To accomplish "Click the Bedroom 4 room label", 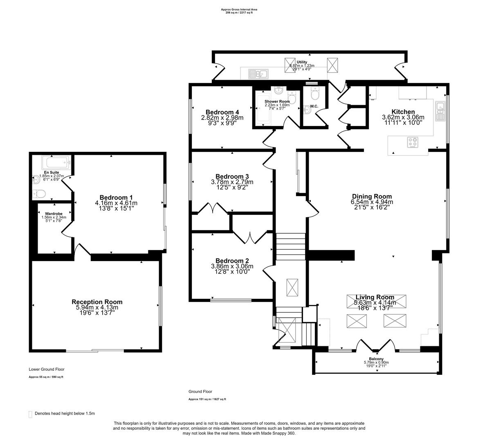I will tap(222, 112).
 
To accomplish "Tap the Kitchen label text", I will tap(403, 112).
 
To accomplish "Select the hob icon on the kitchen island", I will tap(413, 143).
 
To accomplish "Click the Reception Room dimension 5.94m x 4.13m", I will tap(97, 307).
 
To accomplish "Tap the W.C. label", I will tap(314, 107).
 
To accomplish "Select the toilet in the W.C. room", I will tap(314, 94).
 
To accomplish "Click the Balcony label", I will tap(376, 359).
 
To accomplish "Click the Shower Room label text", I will tap(277, 101).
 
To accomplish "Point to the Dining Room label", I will tap(372, 196).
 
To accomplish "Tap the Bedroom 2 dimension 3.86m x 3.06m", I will tap(232, 266).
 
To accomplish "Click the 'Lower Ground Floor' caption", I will tap(46, 369).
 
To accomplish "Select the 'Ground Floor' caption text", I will tap(200, 392).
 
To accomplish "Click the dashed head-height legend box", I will tap(31, 414).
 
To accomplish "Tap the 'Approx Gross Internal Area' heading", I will tap(239, 9).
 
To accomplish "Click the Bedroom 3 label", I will tap(232, 176).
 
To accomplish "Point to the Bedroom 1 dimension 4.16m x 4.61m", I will tap(116, 203).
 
